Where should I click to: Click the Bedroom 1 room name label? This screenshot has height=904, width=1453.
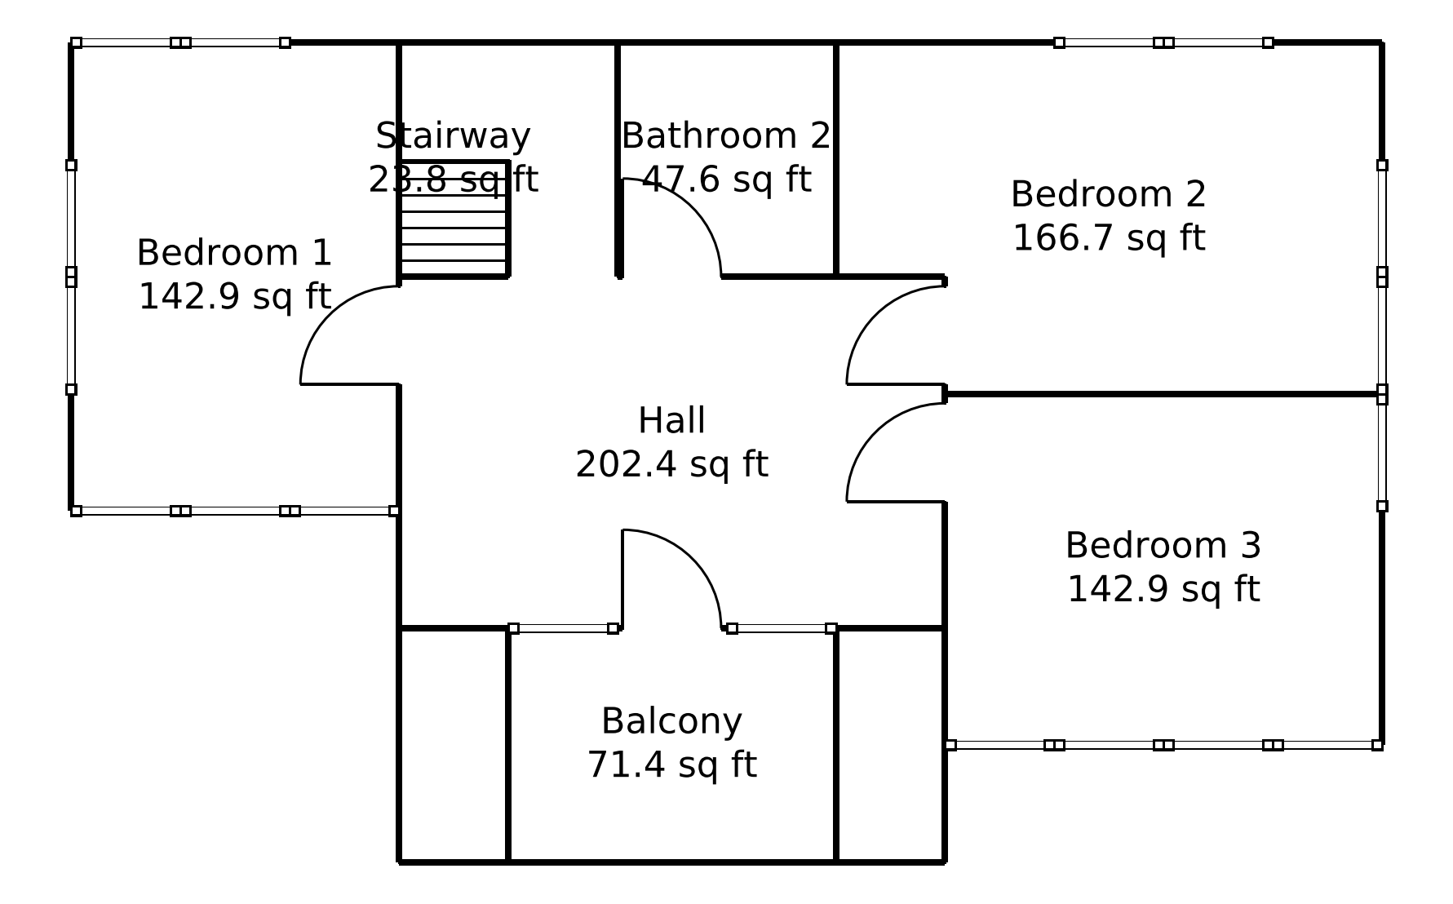coord(234,253)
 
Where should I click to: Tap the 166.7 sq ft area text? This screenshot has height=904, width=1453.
coord(1109,238)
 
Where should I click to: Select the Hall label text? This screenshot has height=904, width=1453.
coord(671,421)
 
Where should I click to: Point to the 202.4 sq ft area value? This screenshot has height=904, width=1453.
coord(671,465)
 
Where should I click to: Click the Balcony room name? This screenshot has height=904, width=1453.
coord(671,721)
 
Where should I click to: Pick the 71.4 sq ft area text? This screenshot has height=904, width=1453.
coord(671,765)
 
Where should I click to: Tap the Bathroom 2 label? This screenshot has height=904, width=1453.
coord(726,135)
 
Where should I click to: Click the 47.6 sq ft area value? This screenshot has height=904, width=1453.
coord(726,179)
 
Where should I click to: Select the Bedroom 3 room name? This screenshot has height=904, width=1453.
coord(1163,545)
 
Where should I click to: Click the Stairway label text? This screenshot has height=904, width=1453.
coord(454,135)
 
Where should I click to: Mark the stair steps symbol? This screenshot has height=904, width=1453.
coord(454,219)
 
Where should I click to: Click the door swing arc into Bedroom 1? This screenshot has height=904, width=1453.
coord(327,314)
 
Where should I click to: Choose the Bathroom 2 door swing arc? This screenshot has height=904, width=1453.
coord(693,207)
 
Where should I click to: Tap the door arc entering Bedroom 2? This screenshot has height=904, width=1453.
coord(875,314)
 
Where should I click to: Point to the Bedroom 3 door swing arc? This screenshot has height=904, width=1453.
coord(875,432)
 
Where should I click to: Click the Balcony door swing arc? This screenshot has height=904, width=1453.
coord(693,559)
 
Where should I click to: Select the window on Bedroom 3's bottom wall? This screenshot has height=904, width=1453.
coord(1163,745)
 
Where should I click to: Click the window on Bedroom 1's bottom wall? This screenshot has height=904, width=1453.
coord(234,511)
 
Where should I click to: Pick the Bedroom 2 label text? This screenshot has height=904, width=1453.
coord(1109,194)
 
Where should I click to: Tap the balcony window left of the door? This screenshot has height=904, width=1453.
coord(563,628)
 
